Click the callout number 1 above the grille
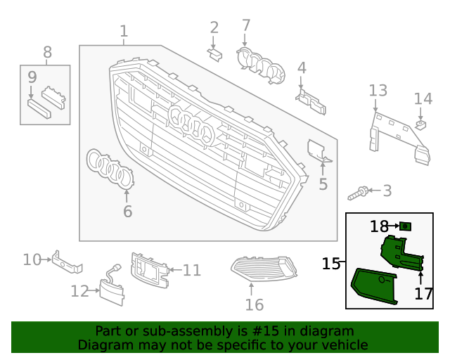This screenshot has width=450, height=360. (x=124, y=32)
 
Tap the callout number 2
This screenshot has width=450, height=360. (x=214, y=27)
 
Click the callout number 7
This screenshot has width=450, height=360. (x=246, y=26)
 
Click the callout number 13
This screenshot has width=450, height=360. (x=378, y=90)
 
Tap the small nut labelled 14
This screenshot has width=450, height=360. (x=422, y=125)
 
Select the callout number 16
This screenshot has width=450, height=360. (x=254, y=304)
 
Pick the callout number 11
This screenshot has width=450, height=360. (x=192, y=269)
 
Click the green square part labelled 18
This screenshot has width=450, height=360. (x=405, y=226)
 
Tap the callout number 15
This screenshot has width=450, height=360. (x=331, y=264)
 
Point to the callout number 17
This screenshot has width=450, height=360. (x=423, y=294)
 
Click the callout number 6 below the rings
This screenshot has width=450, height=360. (x=127, y=211)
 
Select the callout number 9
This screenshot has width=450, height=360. (x=32, y=76)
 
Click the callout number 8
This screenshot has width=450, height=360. (x=48, y=51)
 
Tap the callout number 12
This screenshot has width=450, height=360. (x=79, y=290)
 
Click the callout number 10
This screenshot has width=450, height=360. (x=32, y=259)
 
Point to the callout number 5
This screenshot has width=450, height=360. (x=323, y=185)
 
